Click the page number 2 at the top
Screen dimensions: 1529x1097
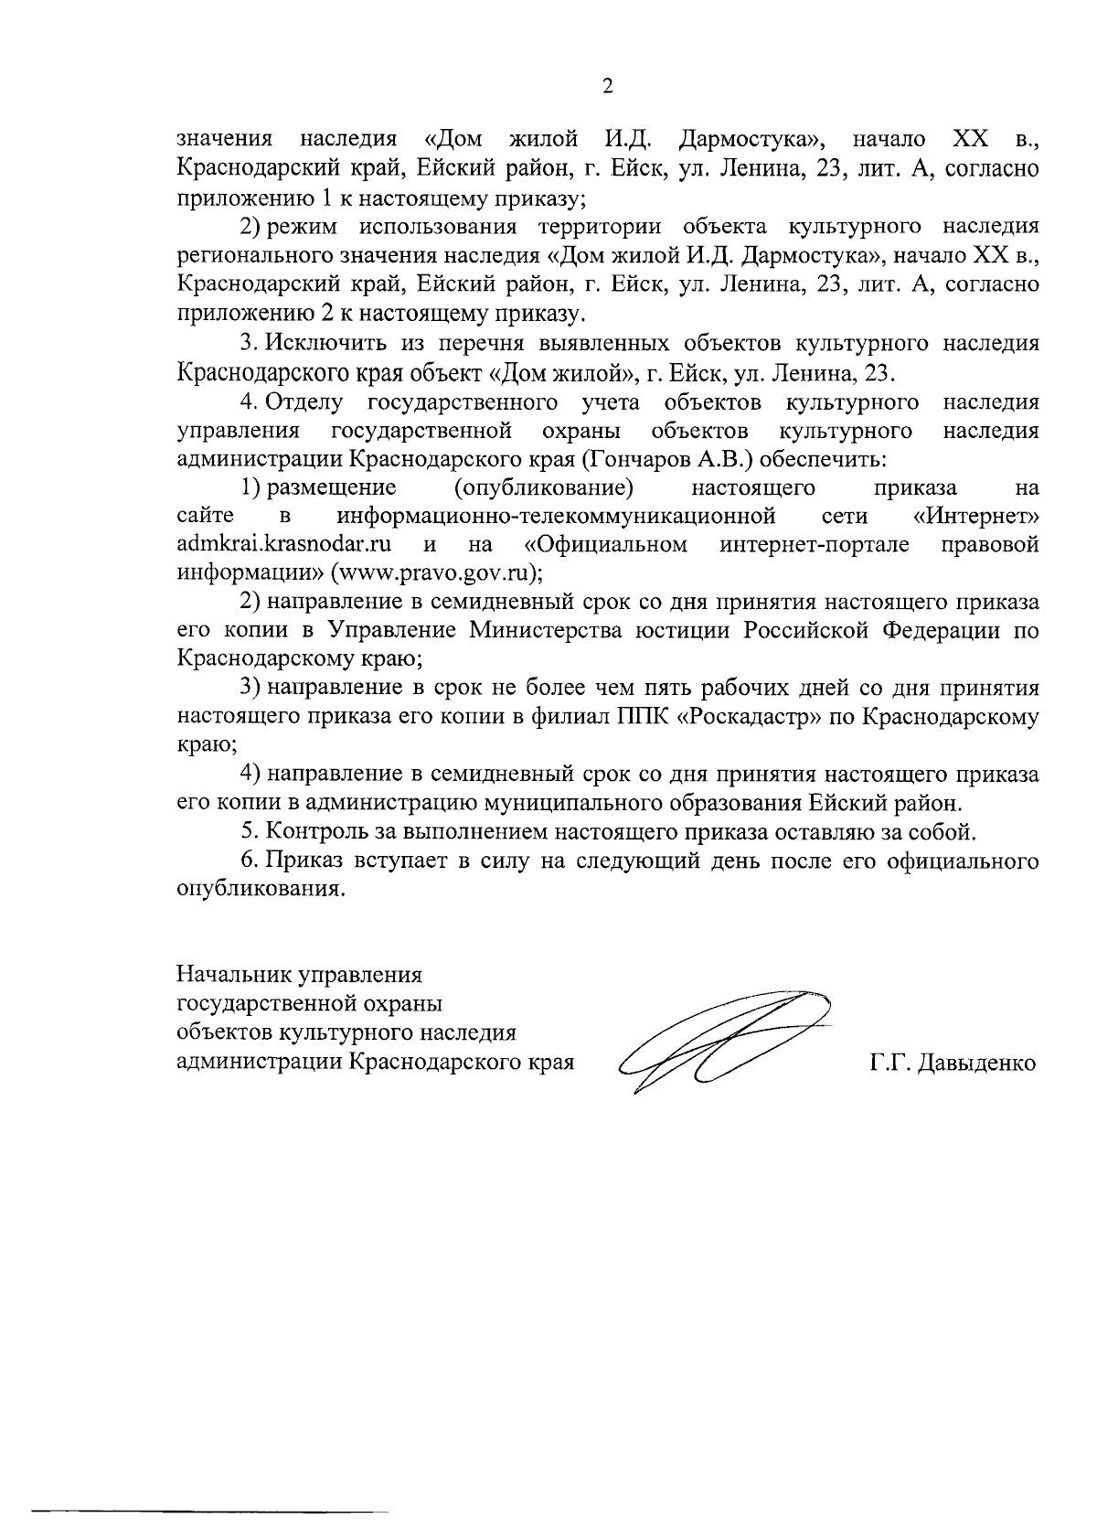[x=608, y=86]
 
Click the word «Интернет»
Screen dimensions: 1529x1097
[x=976, y=516]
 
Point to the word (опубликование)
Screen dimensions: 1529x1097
[x=544, y=486]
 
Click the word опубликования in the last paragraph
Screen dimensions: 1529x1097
[x=261, y=890]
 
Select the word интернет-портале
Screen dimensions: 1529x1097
[x=814, y=545]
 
